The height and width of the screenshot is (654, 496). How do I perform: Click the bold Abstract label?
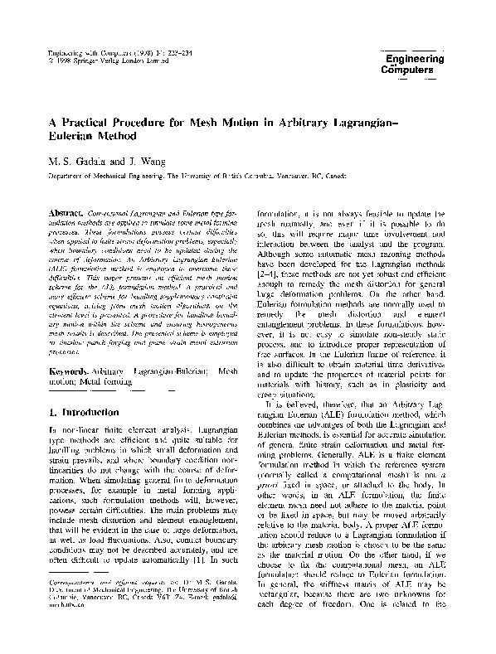pyautogui.click(x=69, y=213)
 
